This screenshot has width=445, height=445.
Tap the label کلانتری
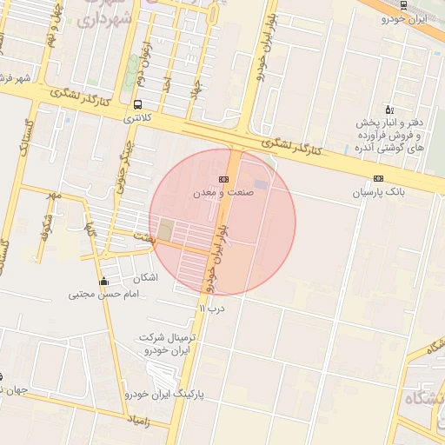[x=136, y=116]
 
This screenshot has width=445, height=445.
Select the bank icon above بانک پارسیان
[x=378, y=178]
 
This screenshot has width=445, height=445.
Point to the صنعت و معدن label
[x=225, y=192]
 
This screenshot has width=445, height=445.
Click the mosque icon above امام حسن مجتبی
[x=104, y=281]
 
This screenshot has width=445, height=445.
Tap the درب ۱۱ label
[x=211, y=308]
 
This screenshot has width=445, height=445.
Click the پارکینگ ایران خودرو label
[x=169, y=394]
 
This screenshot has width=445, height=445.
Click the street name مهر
[x=56, y=194]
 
